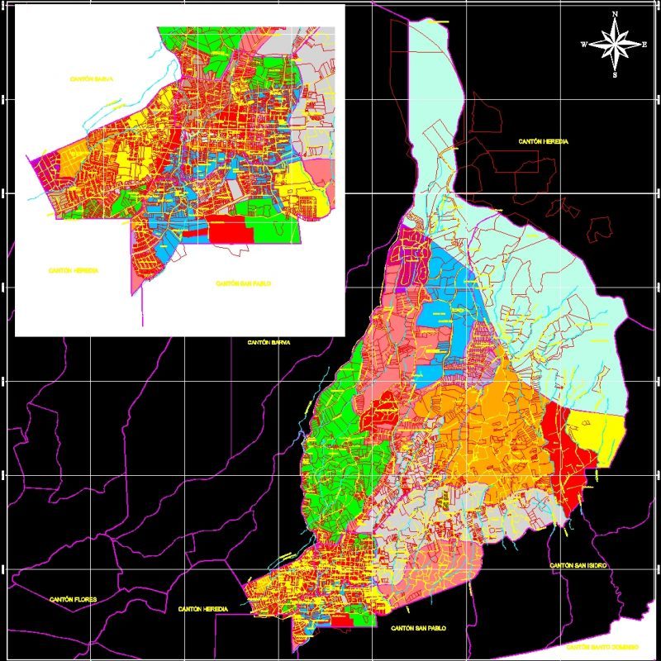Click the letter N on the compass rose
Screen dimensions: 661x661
[616, 14]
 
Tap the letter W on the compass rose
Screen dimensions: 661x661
[584, 44]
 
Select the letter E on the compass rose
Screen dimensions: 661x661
[644, 44]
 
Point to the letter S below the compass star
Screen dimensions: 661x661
[616, 74]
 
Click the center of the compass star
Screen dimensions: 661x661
[616, 44]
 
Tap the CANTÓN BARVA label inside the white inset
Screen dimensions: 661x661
[91, 78]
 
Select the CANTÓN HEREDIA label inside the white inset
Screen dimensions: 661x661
[74, 270]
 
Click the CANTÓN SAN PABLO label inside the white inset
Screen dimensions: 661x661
[244, 283]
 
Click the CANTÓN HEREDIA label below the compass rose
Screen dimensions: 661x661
[544, 142]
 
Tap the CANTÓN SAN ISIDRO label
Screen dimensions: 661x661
[578, 564]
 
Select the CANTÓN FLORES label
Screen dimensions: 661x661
[74, 599]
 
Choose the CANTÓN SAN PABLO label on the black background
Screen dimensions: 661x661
[419, 628]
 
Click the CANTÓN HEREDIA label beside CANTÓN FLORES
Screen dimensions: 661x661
[202, 609]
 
